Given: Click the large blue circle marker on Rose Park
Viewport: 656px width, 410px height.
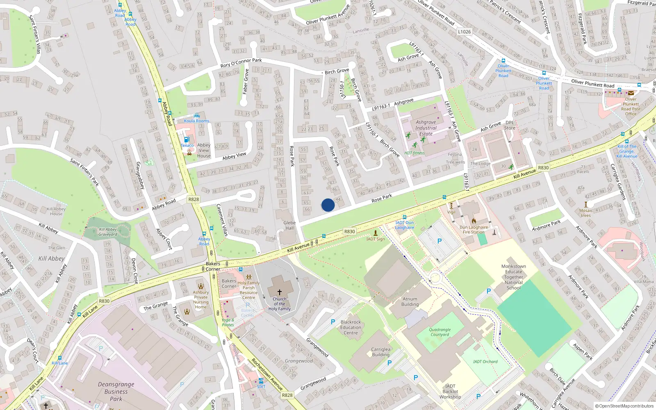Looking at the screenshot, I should pos(328,205).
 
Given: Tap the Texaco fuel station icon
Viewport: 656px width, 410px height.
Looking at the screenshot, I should pos(187,139).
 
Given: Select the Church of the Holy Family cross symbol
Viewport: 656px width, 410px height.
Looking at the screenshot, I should pos(280,292).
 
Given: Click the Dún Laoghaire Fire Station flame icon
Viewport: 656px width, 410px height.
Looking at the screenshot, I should pos(474,221).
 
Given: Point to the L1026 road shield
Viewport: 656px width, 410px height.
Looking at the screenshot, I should pos(464,32).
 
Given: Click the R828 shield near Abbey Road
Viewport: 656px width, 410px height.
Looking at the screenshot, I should pos(194,199).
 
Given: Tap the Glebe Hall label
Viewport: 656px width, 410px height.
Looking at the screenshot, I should pos(289,225).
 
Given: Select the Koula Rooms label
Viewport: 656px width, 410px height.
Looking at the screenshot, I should pos(196,121).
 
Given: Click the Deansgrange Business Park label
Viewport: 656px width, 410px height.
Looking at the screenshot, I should pos(116,392).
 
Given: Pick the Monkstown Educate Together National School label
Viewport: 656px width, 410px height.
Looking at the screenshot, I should pos(514,277).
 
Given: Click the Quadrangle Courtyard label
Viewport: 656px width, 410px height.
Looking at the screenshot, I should pos(440,332).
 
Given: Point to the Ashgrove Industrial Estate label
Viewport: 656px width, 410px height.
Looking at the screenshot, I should pos(426,128).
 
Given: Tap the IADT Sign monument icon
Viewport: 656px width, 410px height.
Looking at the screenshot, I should pos(375,233).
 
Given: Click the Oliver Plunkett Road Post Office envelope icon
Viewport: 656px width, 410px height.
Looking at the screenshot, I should pos(631,93).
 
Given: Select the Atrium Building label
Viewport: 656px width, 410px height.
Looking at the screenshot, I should pos(410,302).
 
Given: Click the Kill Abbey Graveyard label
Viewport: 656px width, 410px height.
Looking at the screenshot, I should pos(108,232).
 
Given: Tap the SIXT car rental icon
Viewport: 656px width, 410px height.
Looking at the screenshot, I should pos(261,381).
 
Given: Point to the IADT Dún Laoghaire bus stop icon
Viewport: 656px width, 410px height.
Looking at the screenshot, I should pos(404,217).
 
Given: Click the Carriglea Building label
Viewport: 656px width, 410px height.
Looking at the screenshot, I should pos(380,352).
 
